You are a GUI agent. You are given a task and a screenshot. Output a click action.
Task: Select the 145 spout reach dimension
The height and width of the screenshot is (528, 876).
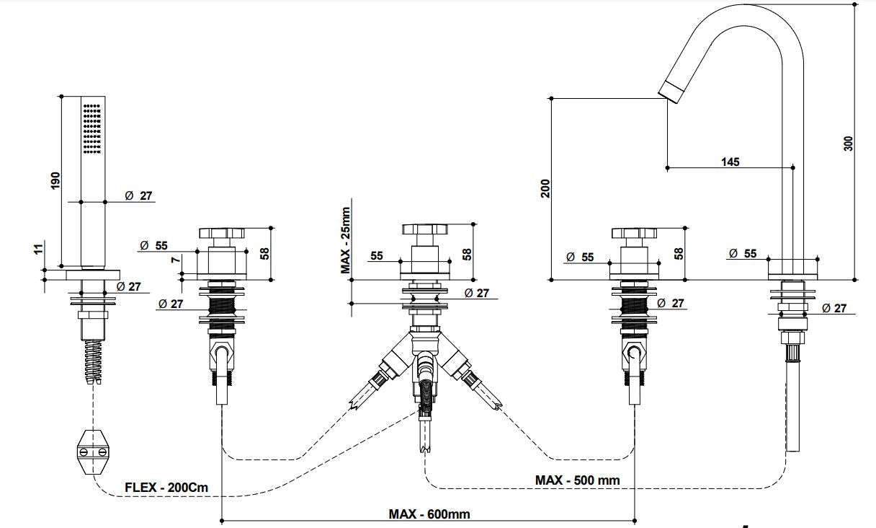click(730, 162)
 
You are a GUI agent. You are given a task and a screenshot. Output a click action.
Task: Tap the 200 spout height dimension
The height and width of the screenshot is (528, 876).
click(545, 189)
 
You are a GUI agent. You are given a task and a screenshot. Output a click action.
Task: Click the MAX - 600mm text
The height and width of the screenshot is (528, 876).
click(429, 514)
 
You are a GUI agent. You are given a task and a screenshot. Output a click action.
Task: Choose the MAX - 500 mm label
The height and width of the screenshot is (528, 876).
click(577, 480)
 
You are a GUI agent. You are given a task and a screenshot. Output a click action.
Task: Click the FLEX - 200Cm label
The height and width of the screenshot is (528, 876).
click(166, 487)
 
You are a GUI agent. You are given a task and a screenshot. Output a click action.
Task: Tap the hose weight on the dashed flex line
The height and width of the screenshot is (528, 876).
click(91, 452)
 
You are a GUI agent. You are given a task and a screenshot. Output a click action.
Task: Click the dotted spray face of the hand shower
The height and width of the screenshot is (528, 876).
click(91, 128)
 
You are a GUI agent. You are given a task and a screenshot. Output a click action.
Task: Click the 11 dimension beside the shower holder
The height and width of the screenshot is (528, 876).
click(38, 249)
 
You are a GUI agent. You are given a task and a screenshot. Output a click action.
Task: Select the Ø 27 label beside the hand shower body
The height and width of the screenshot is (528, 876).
click(138, 195)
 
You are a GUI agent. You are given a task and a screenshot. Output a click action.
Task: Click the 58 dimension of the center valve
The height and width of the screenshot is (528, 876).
click(467, 254)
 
